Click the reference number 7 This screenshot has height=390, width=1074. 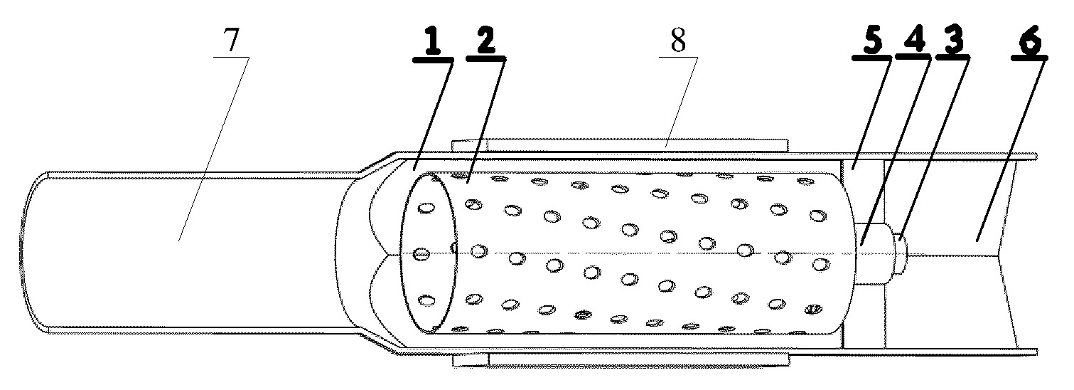[x=231, y=40]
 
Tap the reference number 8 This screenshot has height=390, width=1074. [x=678, y=40]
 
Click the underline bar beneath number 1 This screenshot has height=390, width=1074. [x=432, y=60]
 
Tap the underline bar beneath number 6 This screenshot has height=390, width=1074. [x=1029, y=58]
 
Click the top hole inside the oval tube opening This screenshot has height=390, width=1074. [x=426, y=208]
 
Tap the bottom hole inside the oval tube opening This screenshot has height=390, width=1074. [x=426, y=300]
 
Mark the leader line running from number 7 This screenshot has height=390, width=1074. [x=214, y=149]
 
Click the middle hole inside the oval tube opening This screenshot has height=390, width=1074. [x=421, y=254]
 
